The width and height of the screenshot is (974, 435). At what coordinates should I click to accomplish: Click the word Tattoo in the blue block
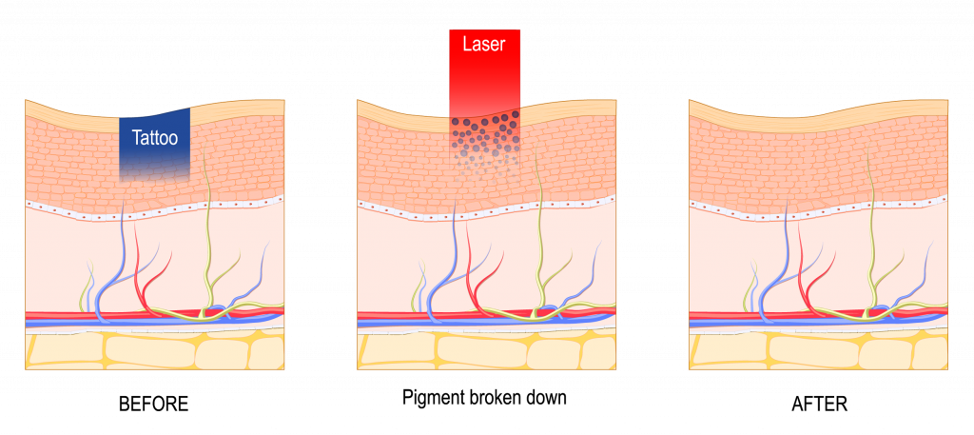coord(155,137)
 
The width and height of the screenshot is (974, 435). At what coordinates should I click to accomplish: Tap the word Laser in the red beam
coord(484,45)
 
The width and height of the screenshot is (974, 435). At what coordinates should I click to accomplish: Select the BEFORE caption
coord(153,404)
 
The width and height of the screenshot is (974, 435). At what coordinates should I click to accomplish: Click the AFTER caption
coord(819,404)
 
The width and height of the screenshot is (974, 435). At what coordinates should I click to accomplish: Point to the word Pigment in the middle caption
coord(434,398)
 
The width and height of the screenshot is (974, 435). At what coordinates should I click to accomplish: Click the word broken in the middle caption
coord(497,397)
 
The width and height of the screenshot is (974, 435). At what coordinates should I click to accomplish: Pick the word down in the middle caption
coord(548,397)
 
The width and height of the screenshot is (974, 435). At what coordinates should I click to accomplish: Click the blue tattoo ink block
coord(155,143)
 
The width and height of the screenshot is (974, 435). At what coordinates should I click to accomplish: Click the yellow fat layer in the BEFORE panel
coord(155,350)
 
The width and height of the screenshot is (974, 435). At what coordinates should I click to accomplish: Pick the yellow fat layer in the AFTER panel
coord(819,350)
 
